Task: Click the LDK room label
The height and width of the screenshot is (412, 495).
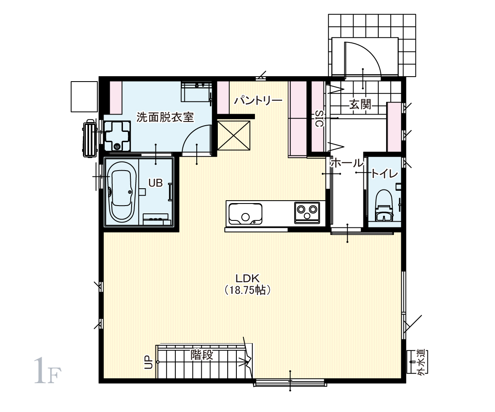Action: (247, 279)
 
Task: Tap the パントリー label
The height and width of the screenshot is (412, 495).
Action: (258, 101)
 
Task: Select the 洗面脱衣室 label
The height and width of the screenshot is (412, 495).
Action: (165, 117)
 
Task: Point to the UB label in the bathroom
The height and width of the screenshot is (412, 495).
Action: (156, 183)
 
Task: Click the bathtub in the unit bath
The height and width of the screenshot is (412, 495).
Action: (122, 192)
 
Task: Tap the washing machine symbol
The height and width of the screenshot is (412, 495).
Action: (118, 136)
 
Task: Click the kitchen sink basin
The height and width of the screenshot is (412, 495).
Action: (245, 214)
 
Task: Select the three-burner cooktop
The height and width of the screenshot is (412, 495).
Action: (307, 213)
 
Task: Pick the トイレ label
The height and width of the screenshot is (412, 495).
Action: (384, 174)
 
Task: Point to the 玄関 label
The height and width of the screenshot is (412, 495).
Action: (361, 104)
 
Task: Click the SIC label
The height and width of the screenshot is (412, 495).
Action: (320, 118)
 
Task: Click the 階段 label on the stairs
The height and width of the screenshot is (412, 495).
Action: (202, 355)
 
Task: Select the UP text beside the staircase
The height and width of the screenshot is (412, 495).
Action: (148, 362)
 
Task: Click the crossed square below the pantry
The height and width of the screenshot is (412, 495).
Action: (234, 136)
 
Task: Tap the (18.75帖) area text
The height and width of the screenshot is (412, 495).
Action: (247, 290)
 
